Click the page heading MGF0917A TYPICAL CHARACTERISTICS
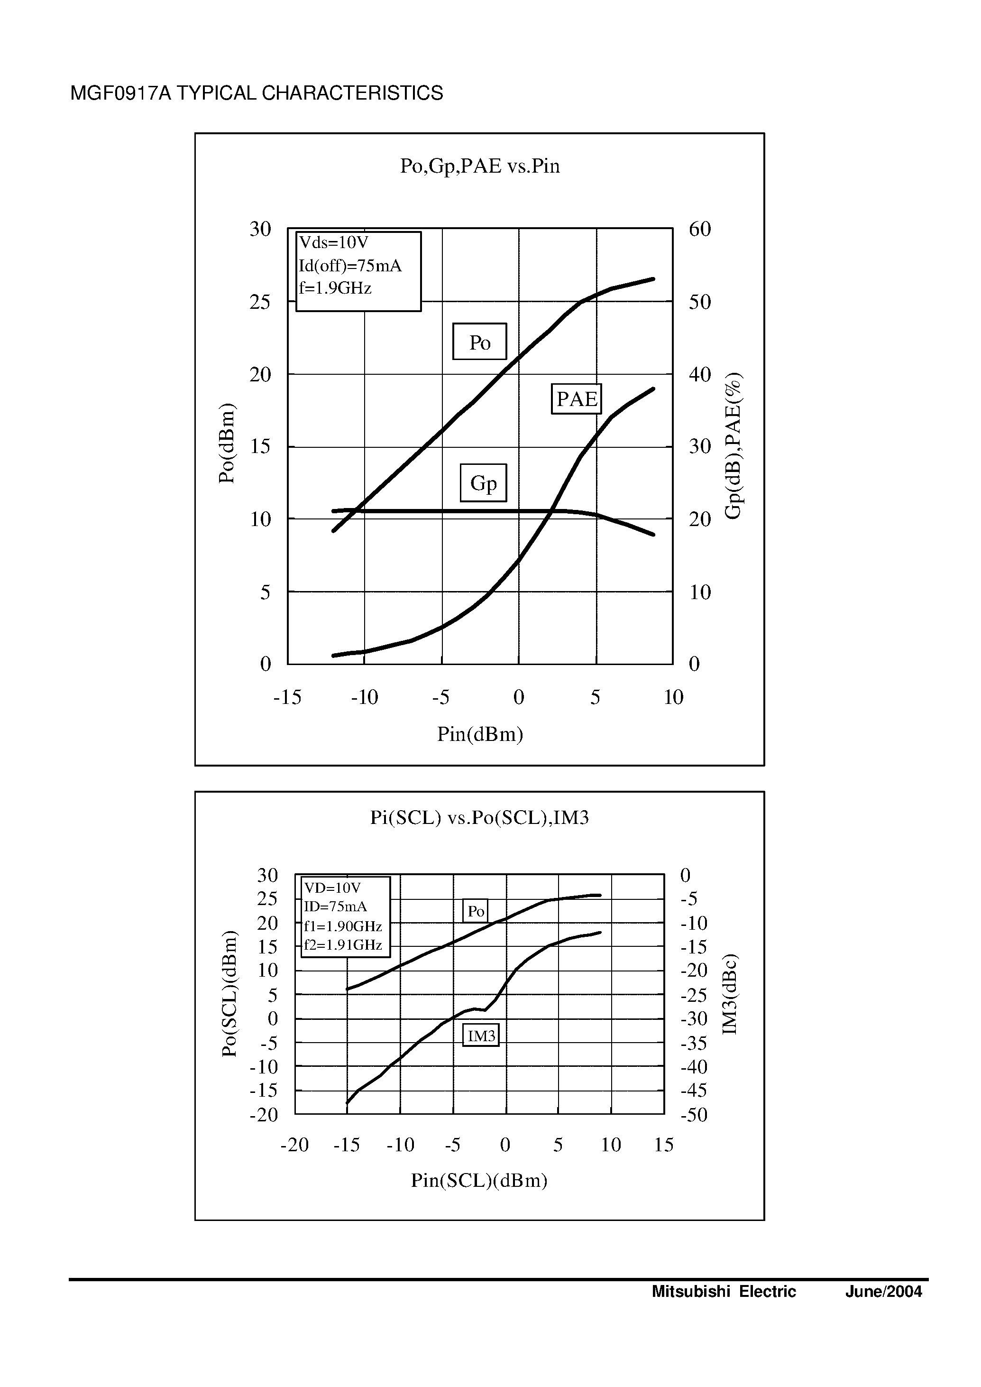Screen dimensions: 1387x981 coord(257,93)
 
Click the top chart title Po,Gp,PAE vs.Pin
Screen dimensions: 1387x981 coord(480,166)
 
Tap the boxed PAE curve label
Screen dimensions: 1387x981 coord(576,399)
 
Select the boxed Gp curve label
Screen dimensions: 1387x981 coord(483,483)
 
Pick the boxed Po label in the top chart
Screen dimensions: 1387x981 coord(480,342)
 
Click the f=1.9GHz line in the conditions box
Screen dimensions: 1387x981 coord(335,288)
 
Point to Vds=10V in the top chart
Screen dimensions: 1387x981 coord(333,242)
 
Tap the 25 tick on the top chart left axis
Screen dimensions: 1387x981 coord(260,302)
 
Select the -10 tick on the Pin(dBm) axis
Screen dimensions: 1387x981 coord(364,697)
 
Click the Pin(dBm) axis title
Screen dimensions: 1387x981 coord(480,734)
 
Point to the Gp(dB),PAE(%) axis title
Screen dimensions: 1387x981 coord(733,446)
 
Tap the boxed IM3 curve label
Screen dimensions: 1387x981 coord(481,1036)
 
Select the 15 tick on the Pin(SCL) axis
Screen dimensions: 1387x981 coord(663,1145)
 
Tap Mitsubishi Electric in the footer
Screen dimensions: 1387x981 coord(724,1292)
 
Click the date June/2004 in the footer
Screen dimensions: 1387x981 coord(883,1292)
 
